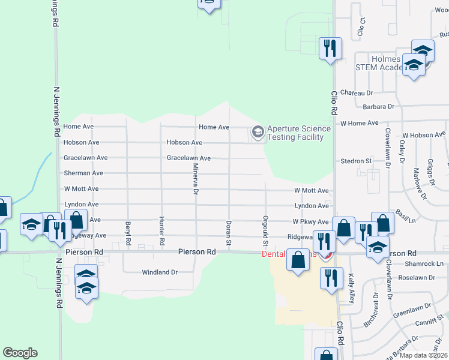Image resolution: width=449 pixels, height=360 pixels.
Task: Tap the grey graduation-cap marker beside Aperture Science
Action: click(258, 131)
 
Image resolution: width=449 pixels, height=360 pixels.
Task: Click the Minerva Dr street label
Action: click(195, 179)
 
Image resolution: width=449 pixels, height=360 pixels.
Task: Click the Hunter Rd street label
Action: click(162, 232)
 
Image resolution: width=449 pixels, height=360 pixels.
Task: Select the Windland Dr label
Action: click(160, 272)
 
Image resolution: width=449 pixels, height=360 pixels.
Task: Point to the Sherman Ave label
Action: click(83, 173)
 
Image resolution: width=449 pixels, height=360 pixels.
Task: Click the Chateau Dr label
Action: click(357, 93)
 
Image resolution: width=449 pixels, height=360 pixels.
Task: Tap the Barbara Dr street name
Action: click(378, 107)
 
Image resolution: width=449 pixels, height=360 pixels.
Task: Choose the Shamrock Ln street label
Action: click(424, 264)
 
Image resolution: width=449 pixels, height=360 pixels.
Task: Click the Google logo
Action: click(20, 353)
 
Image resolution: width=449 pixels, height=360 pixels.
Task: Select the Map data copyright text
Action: click(424, 355)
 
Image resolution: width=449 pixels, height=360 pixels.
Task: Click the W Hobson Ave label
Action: click(425, 136)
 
